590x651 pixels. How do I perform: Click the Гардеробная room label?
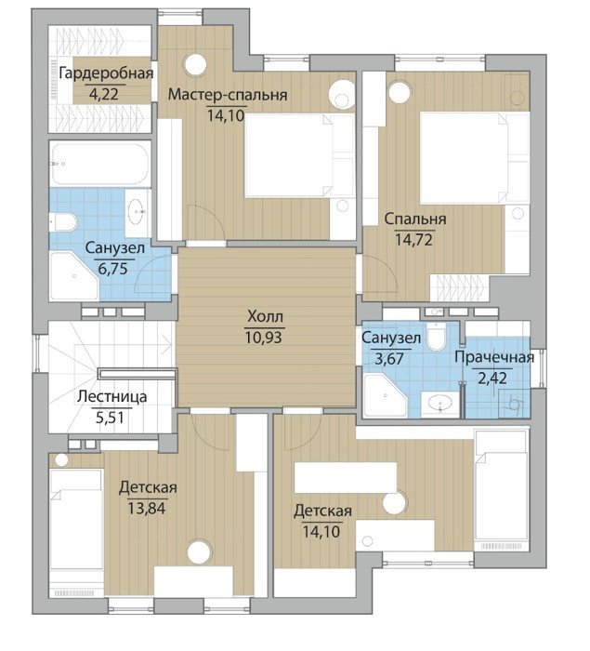[x=106, y=73]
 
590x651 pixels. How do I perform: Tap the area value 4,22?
[x=104, y=94]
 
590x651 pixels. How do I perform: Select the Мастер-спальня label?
[x=228, y=95]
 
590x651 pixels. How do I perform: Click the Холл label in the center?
[x=265, y=317]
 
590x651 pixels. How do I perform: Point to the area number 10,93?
[x=264, y=338]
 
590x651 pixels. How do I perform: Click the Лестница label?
[x=112, y=396]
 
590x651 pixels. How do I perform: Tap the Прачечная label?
[x=494, y=357]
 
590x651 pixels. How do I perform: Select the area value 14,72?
[x=413, y=240]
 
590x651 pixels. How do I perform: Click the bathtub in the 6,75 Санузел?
[x=99, y=164]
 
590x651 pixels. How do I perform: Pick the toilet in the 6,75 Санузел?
[x=63, y=222]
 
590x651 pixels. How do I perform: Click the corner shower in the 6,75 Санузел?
[x=74, y=275]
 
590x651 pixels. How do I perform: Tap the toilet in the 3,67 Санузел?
[x=436, y=337]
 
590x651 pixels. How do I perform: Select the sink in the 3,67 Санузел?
[x=440, y=404]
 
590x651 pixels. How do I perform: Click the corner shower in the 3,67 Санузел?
[x=385, y=395]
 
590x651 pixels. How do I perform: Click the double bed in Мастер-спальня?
[x=299, y=155]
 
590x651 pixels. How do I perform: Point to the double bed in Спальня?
[x=475, y=158]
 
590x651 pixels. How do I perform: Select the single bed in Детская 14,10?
[x=501, y=490]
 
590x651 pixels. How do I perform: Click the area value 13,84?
[x=147, y=508]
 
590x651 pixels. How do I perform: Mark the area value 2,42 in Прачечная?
[x=492, y=379]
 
